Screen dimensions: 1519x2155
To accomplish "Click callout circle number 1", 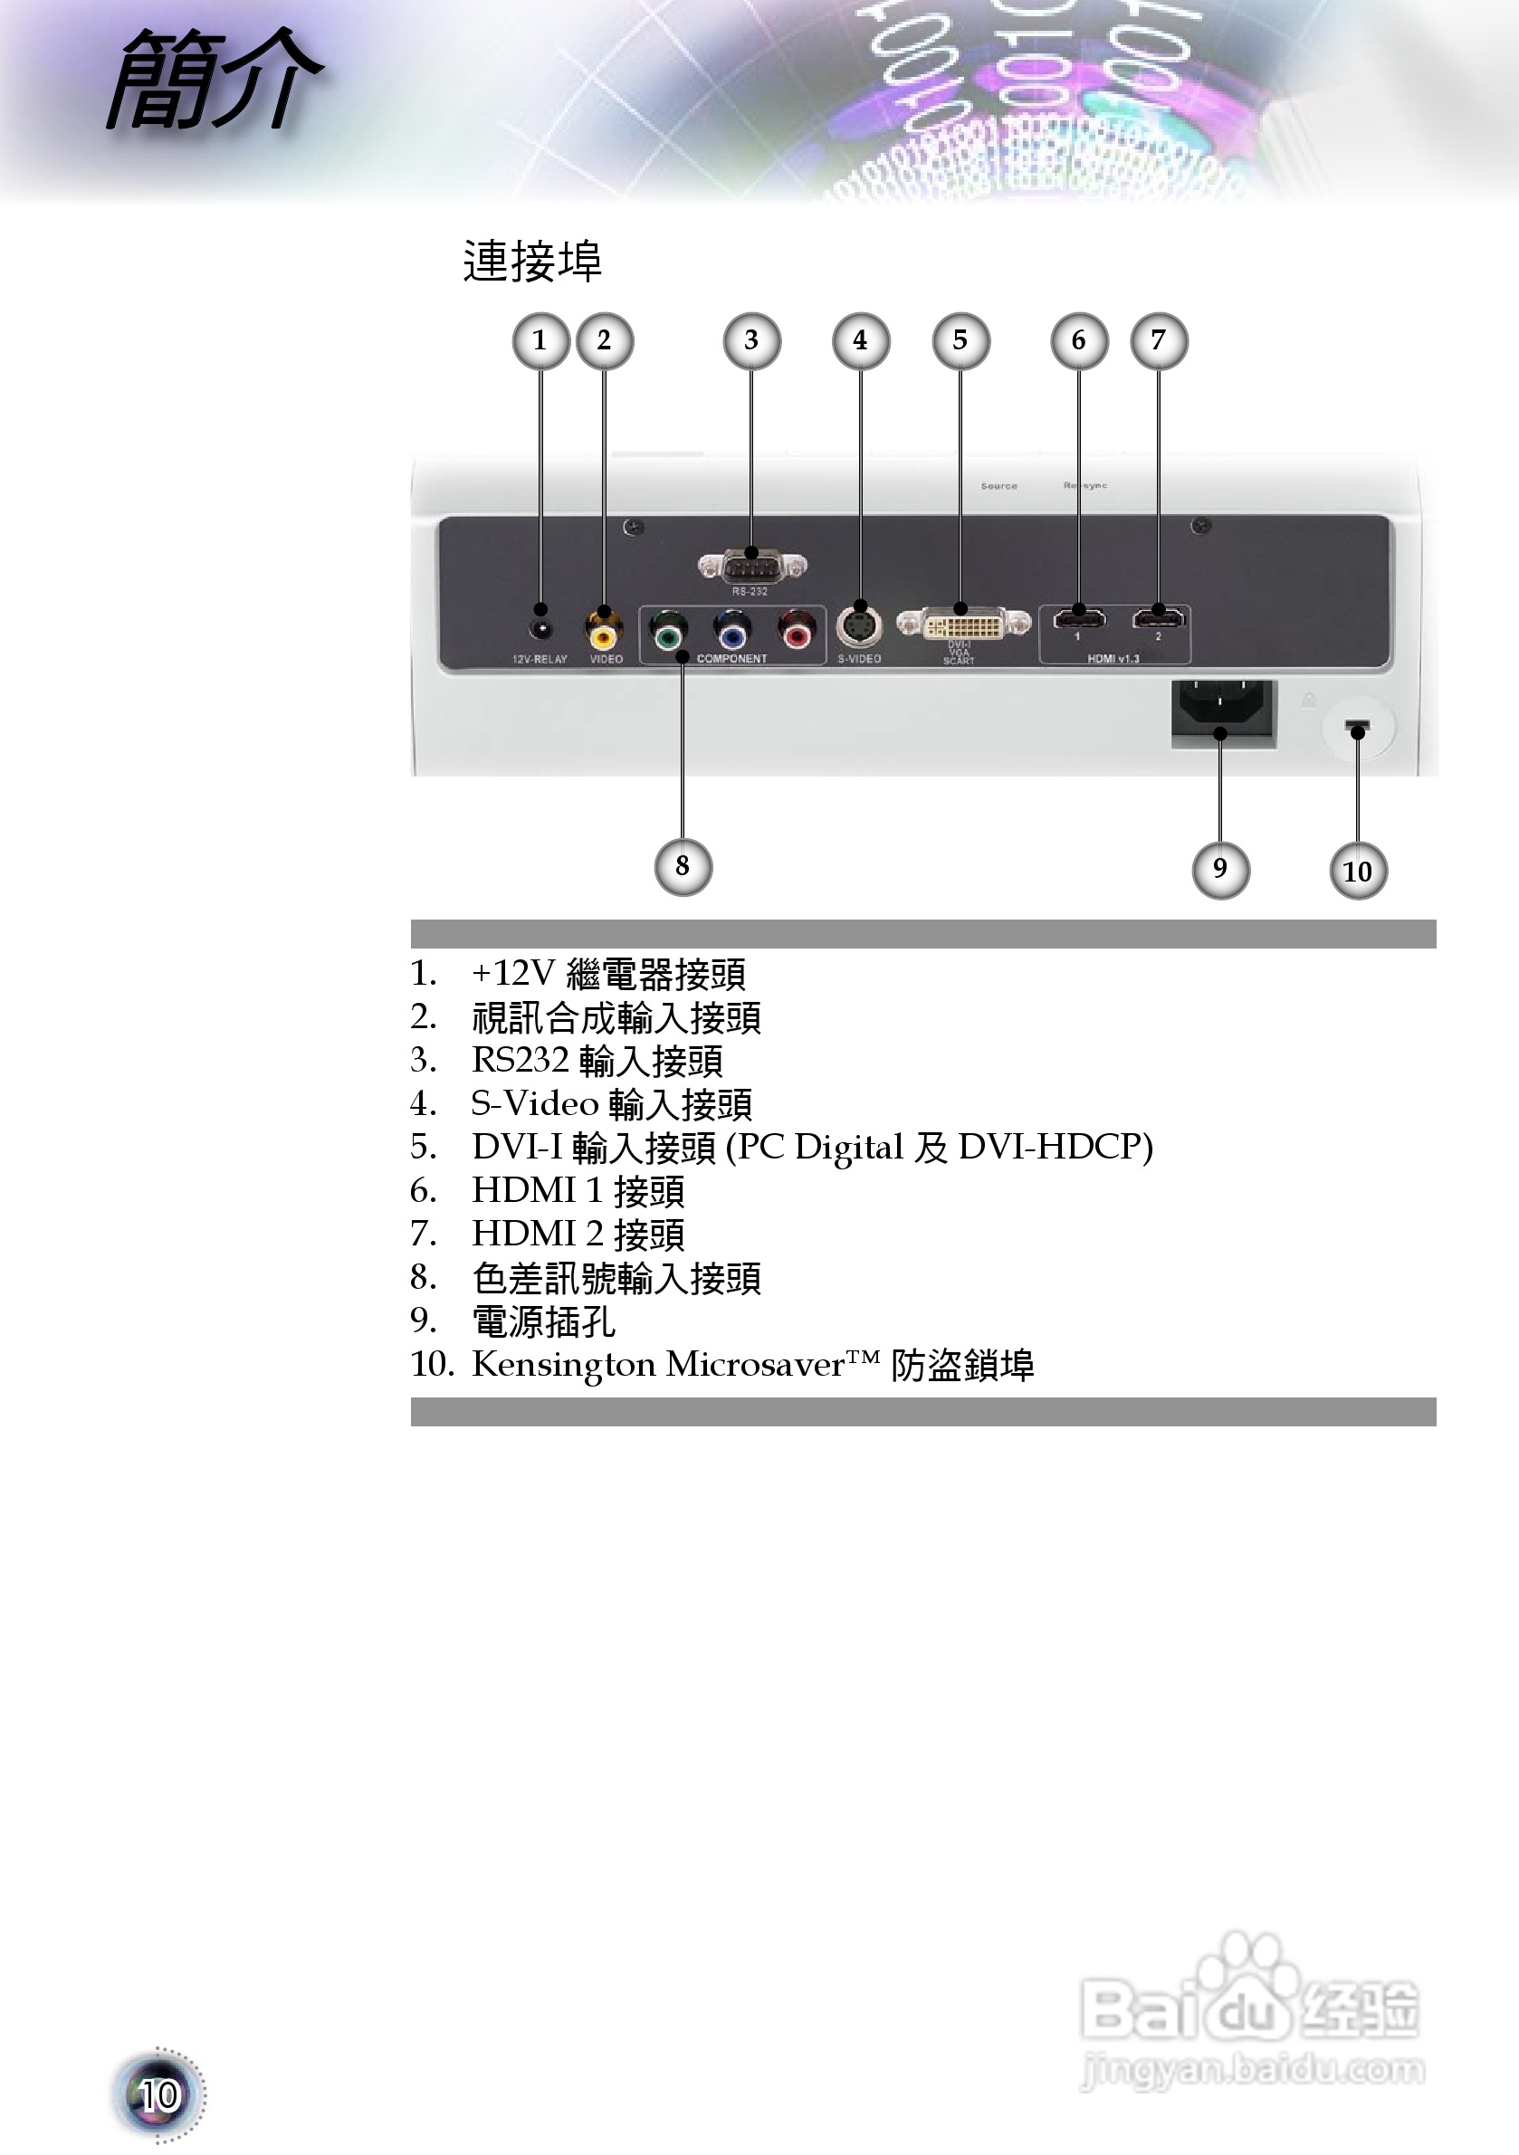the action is point(540,340).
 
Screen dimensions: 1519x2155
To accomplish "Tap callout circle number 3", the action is point(751,340).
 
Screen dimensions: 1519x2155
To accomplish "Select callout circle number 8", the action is point(683,866).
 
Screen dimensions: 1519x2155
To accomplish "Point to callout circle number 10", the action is point(1358,871).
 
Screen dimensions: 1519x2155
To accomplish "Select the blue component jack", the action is point(732,634).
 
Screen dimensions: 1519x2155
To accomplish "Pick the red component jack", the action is point(797,634).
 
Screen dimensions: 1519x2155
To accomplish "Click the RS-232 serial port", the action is point(752,566).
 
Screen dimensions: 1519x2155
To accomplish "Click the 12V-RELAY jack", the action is point(540,628).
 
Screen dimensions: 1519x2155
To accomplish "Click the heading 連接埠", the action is point(531,261).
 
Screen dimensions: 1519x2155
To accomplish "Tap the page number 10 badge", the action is point(158,2095).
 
